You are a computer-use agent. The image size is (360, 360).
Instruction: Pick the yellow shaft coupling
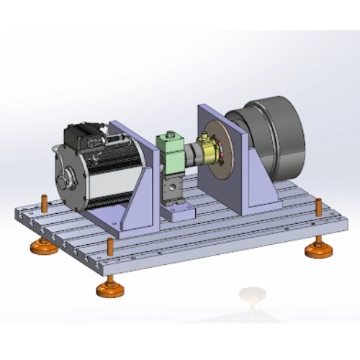pos(210,151)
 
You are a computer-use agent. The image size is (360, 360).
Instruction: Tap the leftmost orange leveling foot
pos(42,248)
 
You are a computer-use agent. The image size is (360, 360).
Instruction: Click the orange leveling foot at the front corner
pos(110,289)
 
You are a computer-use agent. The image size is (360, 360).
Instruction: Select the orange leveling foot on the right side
pos(317,250)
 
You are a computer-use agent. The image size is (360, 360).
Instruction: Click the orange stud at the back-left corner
pos(44,201)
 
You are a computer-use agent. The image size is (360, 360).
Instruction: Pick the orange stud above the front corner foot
pos(110,246)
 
